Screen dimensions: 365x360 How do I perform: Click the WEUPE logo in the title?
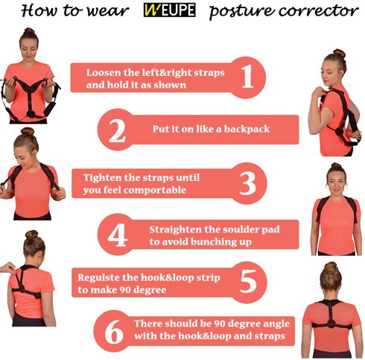[170, 10]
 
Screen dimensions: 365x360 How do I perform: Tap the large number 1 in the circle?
[247, 77]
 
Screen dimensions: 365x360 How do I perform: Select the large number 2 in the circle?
[117, 130]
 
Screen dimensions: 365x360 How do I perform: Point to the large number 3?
[247, 183]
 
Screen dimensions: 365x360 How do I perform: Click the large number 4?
[118, 235]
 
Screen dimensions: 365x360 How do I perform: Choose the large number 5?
[248, 282]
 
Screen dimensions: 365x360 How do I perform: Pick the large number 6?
[114, 332]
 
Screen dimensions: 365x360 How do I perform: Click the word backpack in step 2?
[247, 129]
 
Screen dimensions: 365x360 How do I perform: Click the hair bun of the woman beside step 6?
[331, 268]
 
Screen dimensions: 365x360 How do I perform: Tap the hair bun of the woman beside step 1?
[29, 31]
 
